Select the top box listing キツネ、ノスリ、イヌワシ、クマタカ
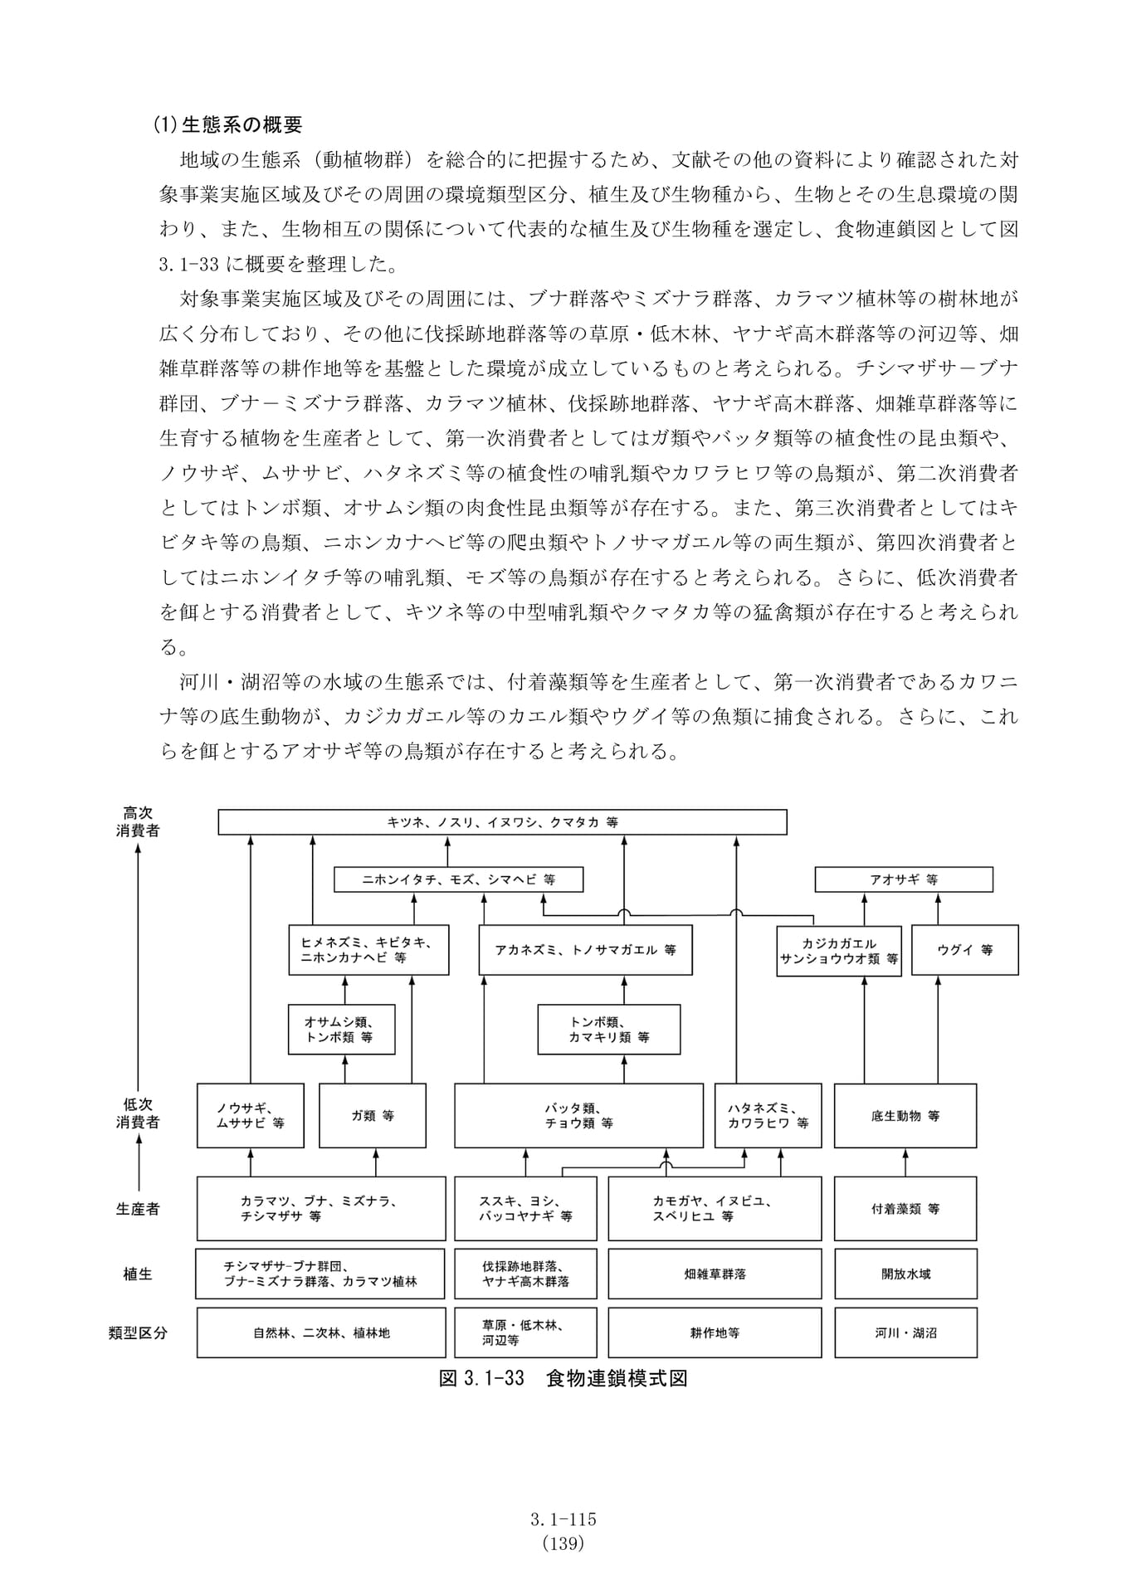pyautogui.click(x=502, y=822)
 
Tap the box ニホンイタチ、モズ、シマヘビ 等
pyautogui.click(x=458, y=879)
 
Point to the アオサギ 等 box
pyautogui.click(x=904, y=879)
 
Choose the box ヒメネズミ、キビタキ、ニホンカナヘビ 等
pyautogui.click(x=368, y=950)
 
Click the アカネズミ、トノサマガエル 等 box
pyautogui.click(x=585, y=950)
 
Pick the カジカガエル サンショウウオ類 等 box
pyautogui.click(x=839, y=951)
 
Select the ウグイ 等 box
pyautogui.click(x=965, y=950)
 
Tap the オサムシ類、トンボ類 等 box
pyautogui.click(x=341, y=1030)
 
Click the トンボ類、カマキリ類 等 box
pyautogui.click(x=608, y=1030)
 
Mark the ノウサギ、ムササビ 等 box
pyautogui.click(x=251, y=1116)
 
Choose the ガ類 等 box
pyautogui.click(x=373, y=1116)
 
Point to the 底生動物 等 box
pyautogui.click(x=905, y=1116)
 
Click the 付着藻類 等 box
pyautogui.click(x=905, y=1209)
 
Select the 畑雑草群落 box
pyautogui.click(x=715, y=1274)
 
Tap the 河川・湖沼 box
pyautogui.click(x=905, y=1333)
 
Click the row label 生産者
pyautogui.click(x=138, y=1209)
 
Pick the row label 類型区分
pyautogui.click(x=138, y=1333)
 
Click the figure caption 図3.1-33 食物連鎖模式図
pyautogui.click(x=563, y=1378)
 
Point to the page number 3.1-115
pyautogui.click(x=563, y=1519)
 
